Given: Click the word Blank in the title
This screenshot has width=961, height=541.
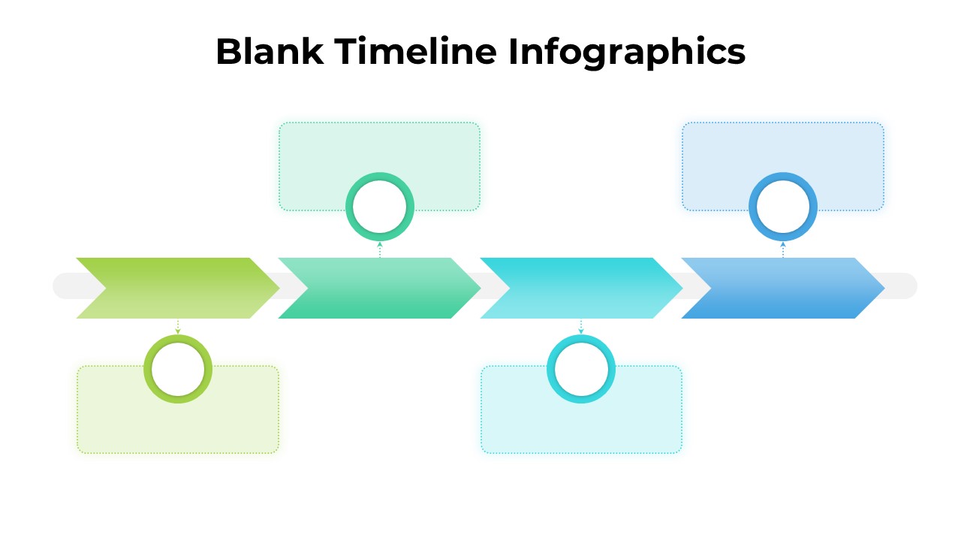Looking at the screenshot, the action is [270, 51].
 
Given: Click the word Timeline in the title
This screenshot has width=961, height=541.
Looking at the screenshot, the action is [415, 51].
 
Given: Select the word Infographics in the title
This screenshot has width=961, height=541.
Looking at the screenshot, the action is [626, 53].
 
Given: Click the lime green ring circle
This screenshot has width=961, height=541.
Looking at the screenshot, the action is [148, 369].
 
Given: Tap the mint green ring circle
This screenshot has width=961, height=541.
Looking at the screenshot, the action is [350, 207].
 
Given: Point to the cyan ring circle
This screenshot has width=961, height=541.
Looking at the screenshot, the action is [551, 369].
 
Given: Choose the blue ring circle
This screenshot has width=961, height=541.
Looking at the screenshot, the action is [753, 207].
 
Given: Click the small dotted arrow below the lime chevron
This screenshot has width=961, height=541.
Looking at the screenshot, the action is [178, 326].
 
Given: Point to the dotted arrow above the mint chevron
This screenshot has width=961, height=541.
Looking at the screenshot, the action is [380, 249].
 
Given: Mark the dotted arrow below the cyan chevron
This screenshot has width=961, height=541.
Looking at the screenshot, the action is [581, 326].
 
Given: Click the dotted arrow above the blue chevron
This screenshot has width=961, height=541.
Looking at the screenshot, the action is [783, 249].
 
